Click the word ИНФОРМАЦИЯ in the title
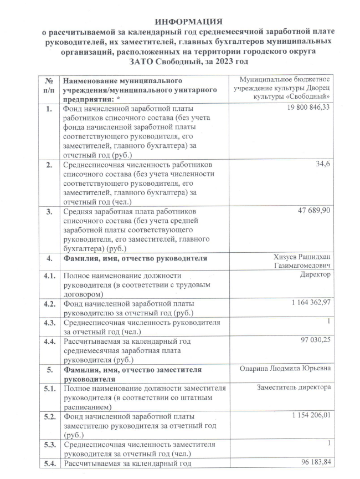[180, 21]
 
